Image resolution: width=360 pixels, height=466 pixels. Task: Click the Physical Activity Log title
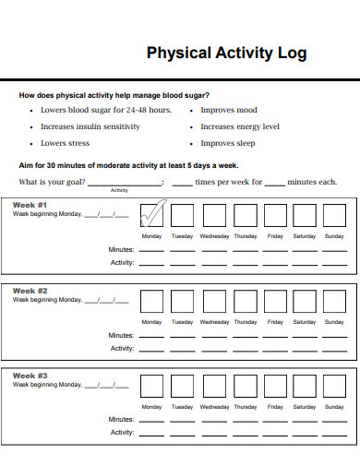point(226,53)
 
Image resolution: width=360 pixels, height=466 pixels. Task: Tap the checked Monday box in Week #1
point(151,216)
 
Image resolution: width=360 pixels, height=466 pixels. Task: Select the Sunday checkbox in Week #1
point(334,216)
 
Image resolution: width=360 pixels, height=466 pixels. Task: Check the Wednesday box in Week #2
point(214,302)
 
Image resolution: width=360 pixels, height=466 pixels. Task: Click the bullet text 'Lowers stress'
point(65,143)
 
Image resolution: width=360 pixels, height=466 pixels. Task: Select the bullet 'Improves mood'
point(229,110)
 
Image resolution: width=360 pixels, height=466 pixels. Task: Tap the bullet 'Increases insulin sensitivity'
point(90,126)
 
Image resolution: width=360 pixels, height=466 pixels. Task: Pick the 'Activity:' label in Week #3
point(122,432)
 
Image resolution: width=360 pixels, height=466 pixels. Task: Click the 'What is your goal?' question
point(50,182)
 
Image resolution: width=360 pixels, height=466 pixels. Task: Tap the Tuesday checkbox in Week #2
point(183,302)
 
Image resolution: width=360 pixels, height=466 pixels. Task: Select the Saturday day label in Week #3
point(304,407)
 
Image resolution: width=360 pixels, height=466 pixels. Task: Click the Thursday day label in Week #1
point(245,236)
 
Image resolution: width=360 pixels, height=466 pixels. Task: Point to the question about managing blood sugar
point(114,95)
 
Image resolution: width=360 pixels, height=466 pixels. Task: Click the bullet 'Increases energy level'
point(240,126)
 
